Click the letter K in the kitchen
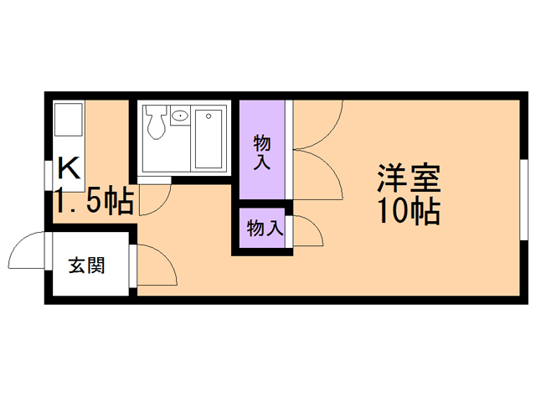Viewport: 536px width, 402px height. click(x=70, y=168)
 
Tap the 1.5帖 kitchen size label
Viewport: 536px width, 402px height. click(x=94, y=202)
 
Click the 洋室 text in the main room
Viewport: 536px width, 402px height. click(x=408, y=178)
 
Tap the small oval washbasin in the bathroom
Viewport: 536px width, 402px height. click(x=180, y=115)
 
